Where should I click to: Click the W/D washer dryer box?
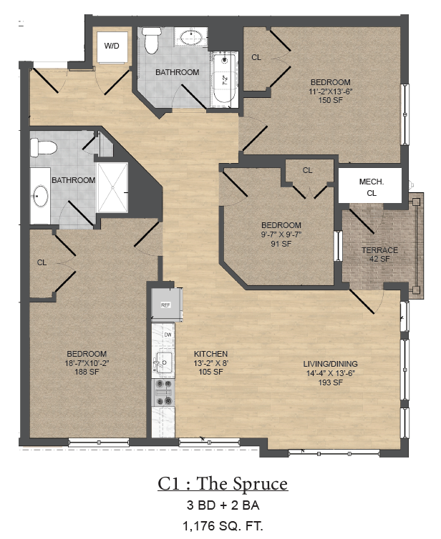click(x=112, y=46)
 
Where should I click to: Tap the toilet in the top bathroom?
click(x=151, y=41)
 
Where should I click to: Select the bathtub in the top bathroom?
click(x=223, y=79)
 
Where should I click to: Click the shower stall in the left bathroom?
click(x=112, y=187)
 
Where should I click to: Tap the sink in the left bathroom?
click(x=41, y=194)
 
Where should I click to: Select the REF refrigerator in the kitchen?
click(x=165, y=305)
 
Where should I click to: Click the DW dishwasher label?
click(x=168, y=335)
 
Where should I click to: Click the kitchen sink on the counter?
click(x=165, y=363)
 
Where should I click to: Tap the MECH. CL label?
click(x=371, y=187)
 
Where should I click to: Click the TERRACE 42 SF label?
click(x=379, y=254)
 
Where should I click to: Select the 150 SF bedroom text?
click(x=330, y=90)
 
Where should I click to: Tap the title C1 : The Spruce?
click(x=223, y=484)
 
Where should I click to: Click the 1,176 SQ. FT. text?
click(x=223, y=527)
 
